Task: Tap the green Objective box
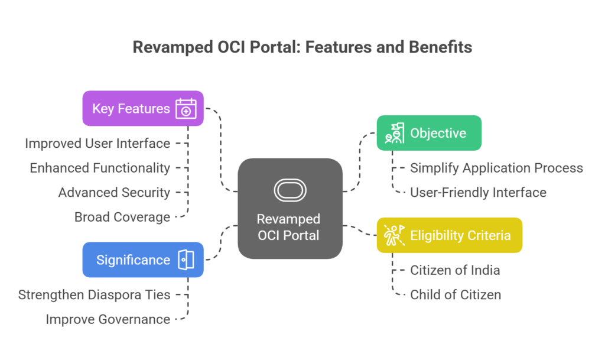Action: pyautogui.click(x=429, y=133)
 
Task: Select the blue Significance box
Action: pyautogui.click(x=143, y=260)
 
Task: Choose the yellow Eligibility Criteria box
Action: pyautogui.click(x=449, y=235)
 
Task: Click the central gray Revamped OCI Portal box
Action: pyautogui.click(x=290, y=209)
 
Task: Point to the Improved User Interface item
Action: pyautogui.click(x=97, y=143)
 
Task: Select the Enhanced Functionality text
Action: pyautogui.click(x=100, y=168)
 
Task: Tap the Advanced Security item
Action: pyautogui.click(x=114, y=192)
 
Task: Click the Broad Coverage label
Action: pyautogui.click(x=122, y=217)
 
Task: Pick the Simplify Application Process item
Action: pyautogui.click(x=496, y=168)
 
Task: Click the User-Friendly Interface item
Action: pyautogui.click(x=478, y=192)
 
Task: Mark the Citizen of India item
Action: pyautogui.click(x=455, y=270)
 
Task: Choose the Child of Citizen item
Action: pyautogui.click(x=456, y=294)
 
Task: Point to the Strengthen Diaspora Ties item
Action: pyautogui.click(x=94, y=294)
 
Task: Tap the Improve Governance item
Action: pyautogui.click(x=108, y=319)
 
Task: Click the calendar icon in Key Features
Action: pyautogui.click(x=186, y=109)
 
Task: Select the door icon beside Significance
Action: pyautogui.click(x=186, y=260)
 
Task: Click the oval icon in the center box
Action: pyautogui.click(x=290, y=190)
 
